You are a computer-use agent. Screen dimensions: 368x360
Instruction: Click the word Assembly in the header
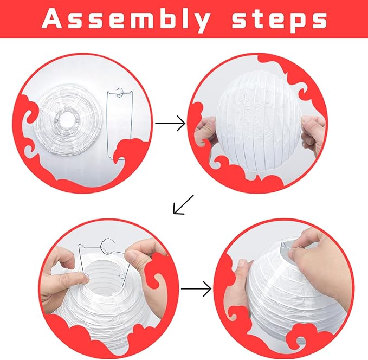click(x=126, y=20)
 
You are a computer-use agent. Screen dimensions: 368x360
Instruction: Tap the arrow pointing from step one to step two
click(x=170, y=123)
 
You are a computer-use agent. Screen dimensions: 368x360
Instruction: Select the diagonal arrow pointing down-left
click(x=183, y=204)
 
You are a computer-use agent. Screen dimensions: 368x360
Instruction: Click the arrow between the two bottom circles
click(x=196, y=288)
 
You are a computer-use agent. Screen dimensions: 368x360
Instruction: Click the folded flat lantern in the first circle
click(x=68, y=121)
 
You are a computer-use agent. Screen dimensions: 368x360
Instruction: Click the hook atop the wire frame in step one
click(x=120, y=92)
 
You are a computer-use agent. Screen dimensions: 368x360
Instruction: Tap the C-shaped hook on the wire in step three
click(x=107, y=247)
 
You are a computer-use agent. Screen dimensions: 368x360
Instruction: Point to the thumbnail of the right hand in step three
click(x=130, y=256)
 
